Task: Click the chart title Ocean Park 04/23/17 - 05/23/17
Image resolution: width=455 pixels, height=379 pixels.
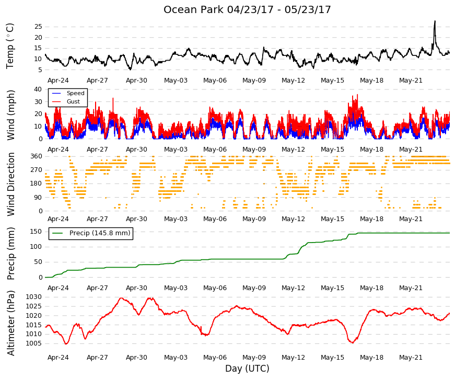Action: (247, 9)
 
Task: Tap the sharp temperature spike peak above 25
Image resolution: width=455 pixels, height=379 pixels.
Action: (435, 21)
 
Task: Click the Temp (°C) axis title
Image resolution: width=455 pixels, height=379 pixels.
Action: (10, 46)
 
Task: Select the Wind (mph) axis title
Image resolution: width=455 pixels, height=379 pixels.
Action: (10, 116)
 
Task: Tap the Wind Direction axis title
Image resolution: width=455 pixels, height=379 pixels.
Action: (10, 184)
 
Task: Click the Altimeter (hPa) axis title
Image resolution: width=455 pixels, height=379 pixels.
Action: (10, 323)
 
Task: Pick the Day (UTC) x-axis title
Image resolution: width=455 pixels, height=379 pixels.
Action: (247, 369)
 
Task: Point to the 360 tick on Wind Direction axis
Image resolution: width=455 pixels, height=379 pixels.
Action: (36, 156)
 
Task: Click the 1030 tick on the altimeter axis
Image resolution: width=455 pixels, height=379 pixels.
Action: (33, 297)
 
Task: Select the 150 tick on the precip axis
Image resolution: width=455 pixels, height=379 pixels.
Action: (36, 232)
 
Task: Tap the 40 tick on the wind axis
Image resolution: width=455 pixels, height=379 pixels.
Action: (38, 89)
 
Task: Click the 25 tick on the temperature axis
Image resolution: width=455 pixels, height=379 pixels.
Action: (38, 27)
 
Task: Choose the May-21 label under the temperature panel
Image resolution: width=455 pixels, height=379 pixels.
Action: (411, 81)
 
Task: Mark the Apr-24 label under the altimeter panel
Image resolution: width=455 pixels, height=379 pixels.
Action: (58, 358)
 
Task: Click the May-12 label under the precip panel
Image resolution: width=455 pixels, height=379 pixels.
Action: (293, 288)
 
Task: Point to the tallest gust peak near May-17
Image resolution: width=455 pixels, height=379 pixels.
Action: (357, 95)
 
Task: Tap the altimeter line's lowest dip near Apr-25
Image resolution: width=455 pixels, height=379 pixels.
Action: (66, 344)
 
